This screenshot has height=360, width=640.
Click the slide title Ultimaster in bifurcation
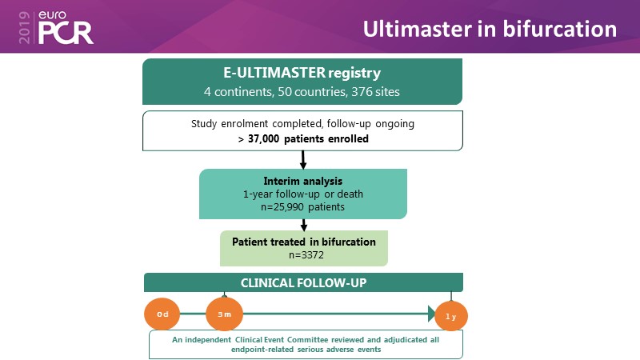pos(490,29)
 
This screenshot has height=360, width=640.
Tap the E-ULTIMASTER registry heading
pos(303,73)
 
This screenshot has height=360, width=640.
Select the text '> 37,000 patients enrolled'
pos(302,138)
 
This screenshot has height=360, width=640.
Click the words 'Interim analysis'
pos(302,181)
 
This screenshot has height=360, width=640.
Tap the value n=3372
pos(302,255)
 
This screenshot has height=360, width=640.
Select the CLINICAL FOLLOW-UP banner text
pos(302,282)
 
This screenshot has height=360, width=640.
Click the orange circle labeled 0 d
pos(162,314)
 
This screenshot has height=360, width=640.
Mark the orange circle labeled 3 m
pos(225,314)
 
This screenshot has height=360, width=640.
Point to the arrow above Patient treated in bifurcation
pos(303,226)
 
